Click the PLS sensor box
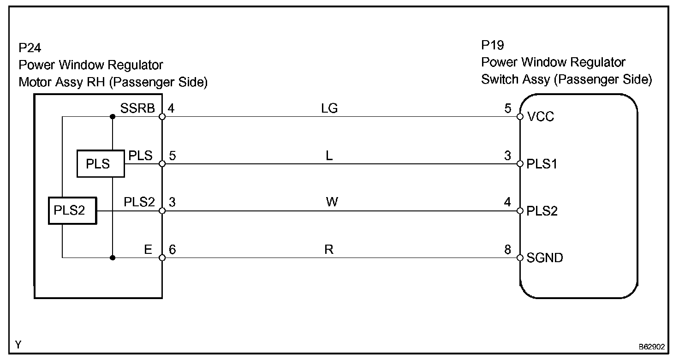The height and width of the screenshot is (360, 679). [x=100, y=164]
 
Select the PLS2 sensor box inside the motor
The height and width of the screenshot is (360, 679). [x=72, y=211]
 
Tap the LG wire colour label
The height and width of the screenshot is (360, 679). [x=329, y=108]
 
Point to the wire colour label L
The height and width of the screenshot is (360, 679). [x=329, y=156]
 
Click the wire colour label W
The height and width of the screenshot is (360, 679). [x=331, y=203]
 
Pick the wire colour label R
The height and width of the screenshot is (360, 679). [x=329, y=250]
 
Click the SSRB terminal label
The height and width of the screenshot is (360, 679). [x=137, y=108]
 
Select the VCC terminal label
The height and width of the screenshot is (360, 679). [x=541, y=117]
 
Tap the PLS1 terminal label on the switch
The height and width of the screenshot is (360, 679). [x=542, y=164]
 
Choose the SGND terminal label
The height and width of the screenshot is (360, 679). [x=545, y=258]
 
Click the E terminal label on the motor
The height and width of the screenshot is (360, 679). [x=148, y=250]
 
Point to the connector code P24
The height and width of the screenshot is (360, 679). [x=30, y=48]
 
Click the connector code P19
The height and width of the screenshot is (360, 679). [x=493, y=45]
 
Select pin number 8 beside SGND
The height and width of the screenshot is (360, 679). [x=507, y=250]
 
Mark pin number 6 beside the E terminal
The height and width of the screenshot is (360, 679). [x=173, y=250]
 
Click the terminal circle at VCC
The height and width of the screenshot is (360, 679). [x=520, y=117]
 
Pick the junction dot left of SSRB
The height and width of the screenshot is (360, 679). [x=113, y=117]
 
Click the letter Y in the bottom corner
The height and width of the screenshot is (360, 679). [x=18, y=344]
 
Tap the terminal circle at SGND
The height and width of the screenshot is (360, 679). [x=520, y=258]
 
